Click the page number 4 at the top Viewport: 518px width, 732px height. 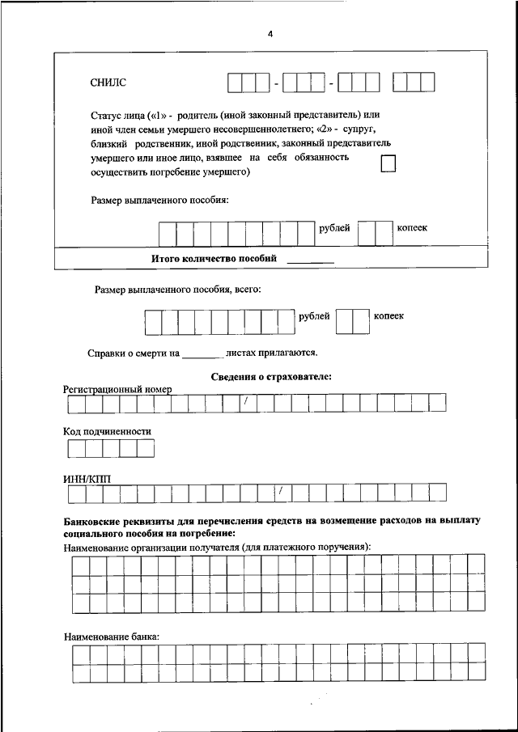pos(270,35)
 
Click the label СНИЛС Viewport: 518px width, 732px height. pos(108,83)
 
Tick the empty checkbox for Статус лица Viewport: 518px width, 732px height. pos(389,164)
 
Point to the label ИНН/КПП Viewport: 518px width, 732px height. pos(87,479)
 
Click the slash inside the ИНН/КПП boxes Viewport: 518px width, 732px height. pos(279,492)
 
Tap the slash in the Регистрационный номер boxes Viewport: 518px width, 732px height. pos(244,402)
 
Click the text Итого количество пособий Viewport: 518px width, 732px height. pos(214,259)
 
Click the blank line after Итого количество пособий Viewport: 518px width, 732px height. pos(311,260)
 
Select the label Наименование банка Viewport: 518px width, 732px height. pos(112,637)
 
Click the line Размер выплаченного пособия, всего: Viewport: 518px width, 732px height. pos(178,289)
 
